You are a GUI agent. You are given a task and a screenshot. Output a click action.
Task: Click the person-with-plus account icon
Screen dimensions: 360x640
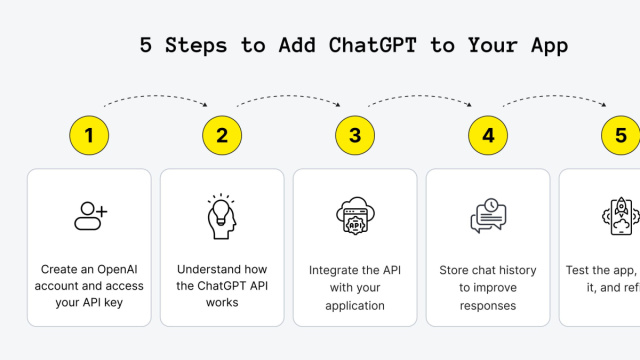tap(90, 214)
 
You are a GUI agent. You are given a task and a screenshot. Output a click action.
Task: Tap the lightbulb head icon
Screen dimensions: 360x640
tap(222, 216)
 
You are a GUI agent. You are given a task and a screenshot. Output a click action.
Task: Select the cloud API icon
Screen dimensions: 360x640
tap(355, 216)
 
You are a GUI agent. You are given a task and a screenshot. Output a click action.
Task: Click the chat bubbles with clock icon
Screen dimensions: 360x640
tap(488, 216)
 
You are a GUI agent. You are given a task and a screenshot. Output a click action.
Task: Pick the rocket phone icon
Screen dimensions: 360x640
tap(620, 216)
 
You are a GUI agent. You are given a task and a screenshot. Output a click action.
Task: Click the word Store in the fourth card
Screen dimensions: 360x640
tap(456, 270)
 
